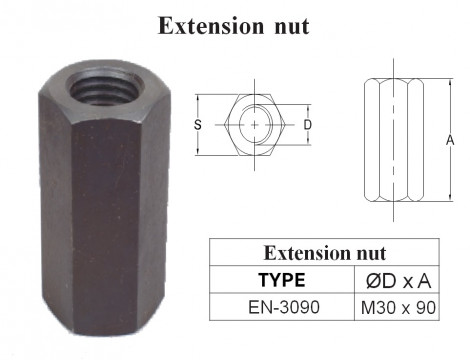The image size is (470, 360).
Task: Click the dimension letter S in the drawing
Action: point(198,125)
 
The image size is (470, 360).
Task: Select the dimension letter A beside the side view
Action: point(451,141)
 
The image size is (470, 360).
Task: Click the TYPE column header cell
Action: point(282,281)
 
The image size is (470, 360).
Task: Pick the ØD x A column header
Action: point(398,281)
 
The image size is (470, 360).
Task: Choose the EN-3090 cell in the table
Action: point(282,309)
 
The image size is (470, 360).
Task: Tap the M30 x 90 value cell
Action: point(398,309)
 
